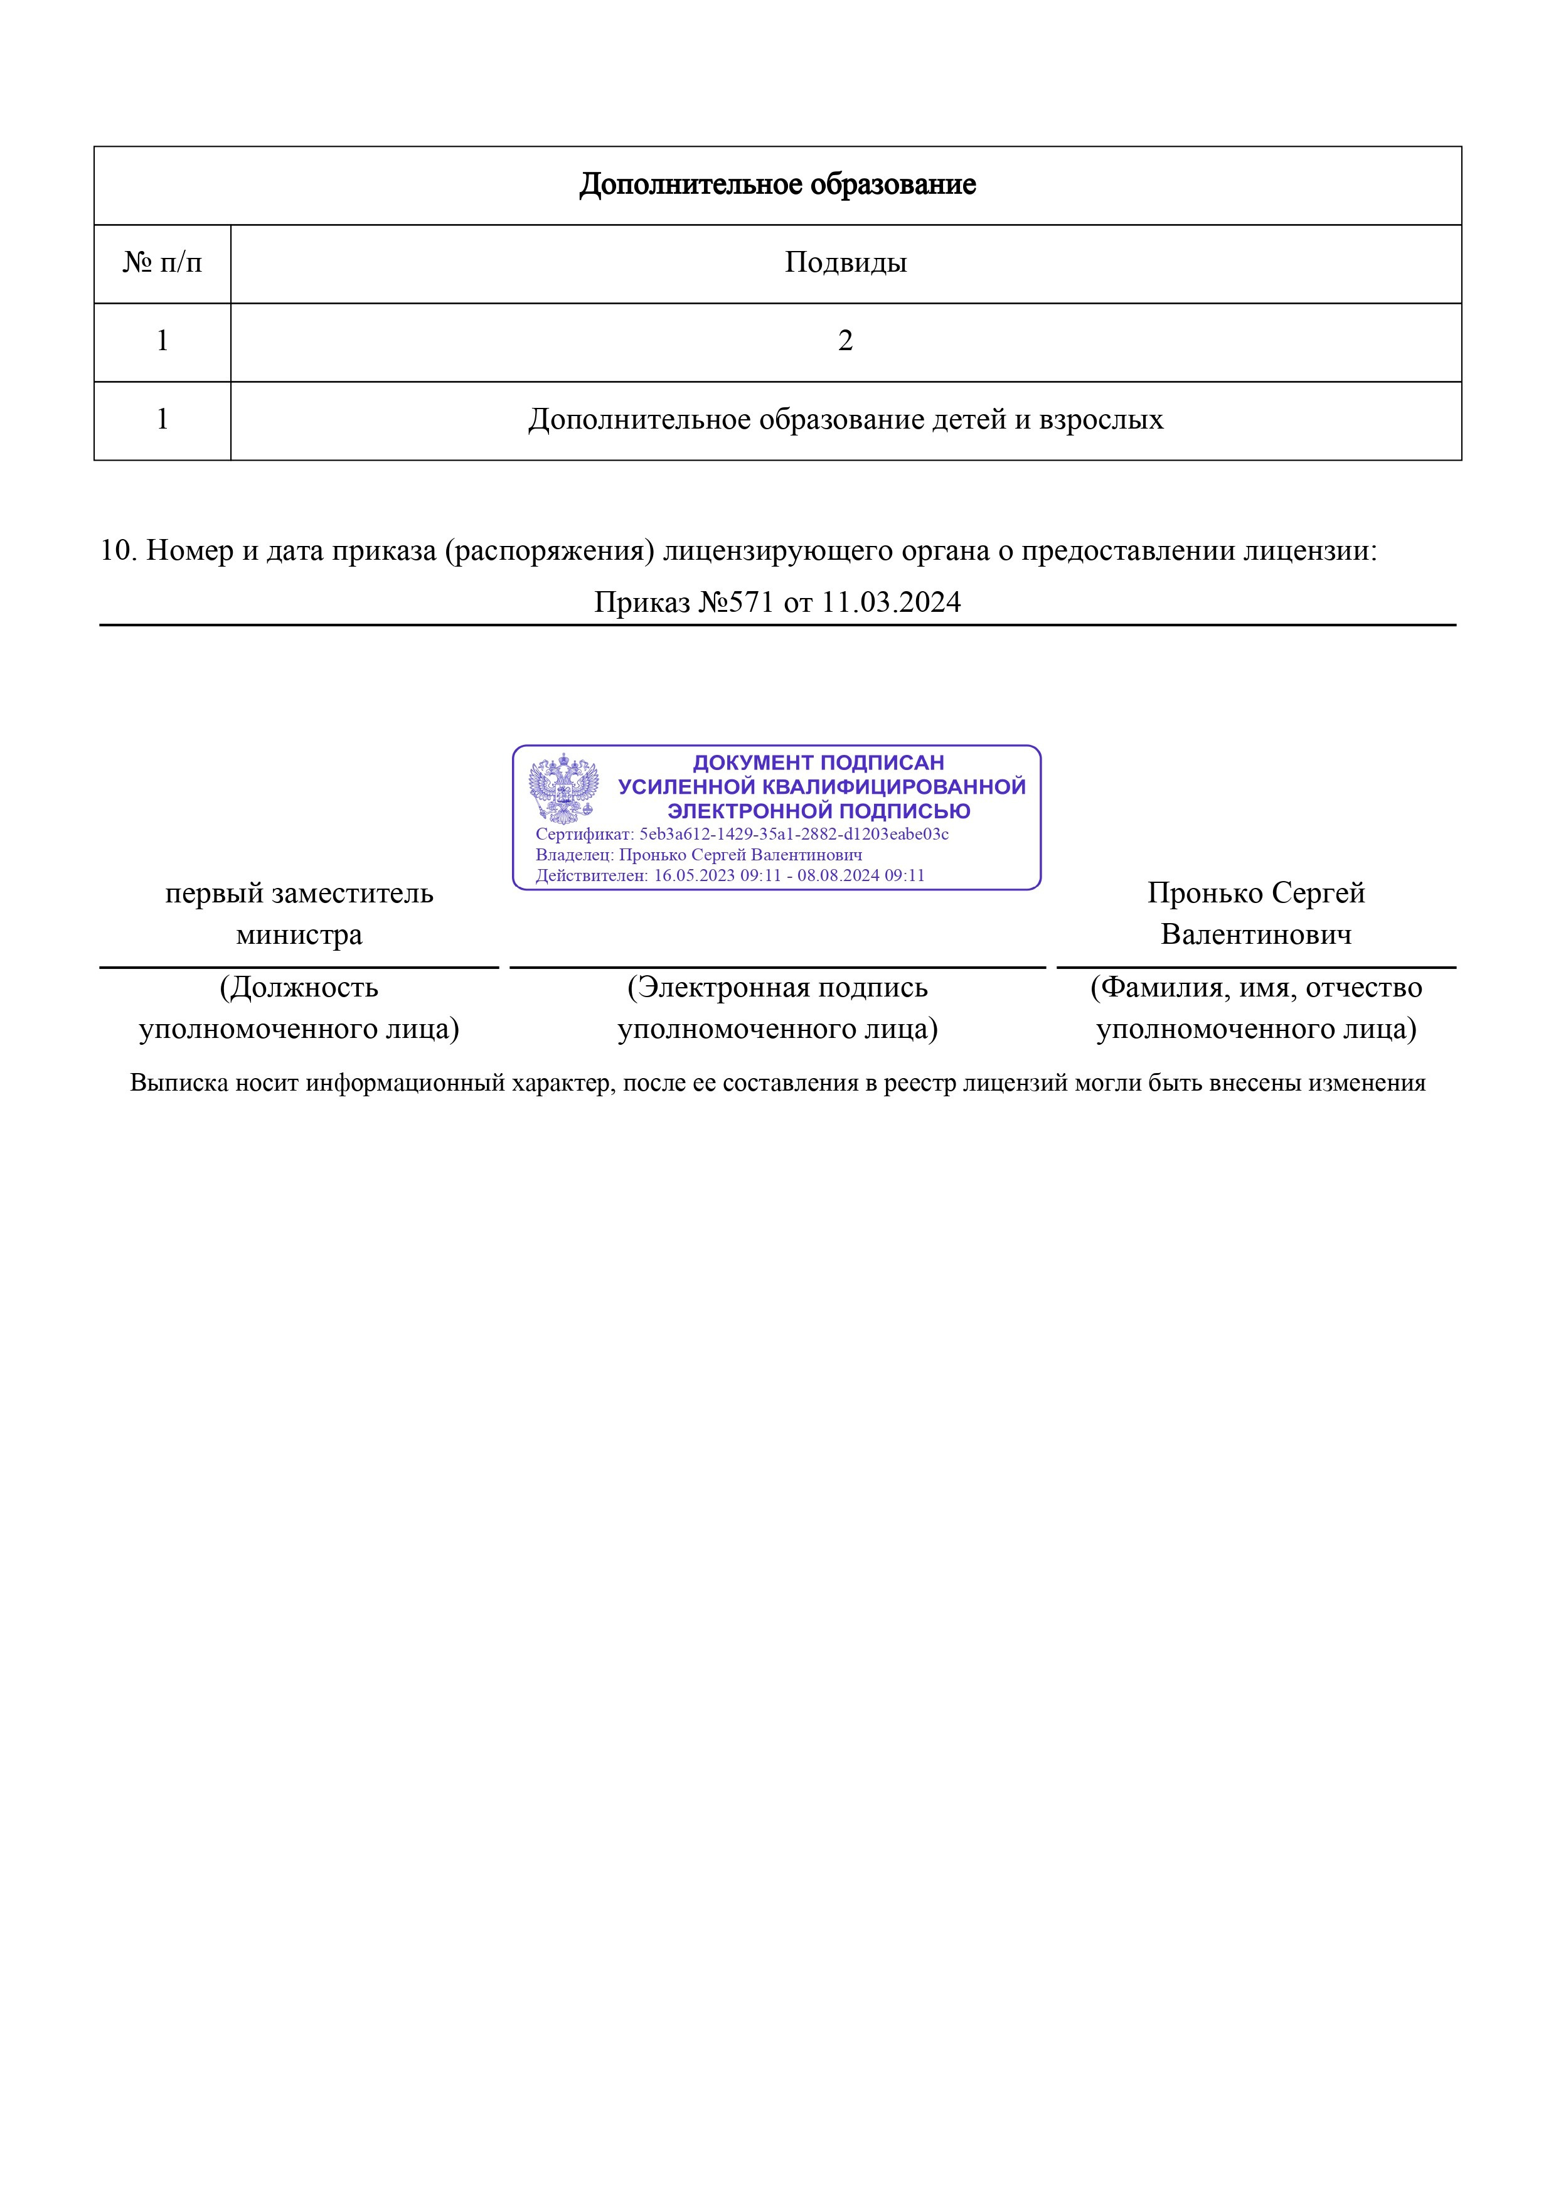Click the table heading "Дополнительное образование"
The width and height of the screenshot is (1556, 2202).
(777, 184)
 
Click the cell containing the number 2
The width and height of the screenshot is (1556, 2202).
(846, 341)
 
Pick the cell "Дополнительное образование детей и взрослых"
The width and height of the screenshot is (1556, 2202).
(846, 419)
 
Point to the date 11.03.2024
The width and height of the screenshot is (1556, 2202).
(892, 602)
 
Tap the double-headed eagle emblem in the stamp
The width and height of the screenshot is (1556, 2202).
(563, 788)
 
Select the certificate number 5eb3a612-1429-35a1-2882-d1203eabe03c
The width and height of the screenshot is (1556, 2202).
(794, 835)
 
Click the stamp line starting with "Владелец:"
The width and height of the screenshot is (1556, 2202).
(698, 855)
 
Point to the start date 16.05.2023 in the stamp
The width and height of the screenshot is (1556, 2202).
(693, 875)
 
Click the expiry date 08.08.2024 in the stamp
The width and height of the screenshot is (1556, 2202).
(838, 875)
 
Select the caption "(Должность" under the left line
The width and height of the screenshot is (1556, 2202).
(299, 987)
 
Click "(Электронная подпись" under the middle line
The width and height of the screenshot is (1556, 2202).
(777, 987)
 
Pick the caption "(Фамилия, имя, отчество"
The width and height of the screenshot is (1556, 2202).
(1256, 987)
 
